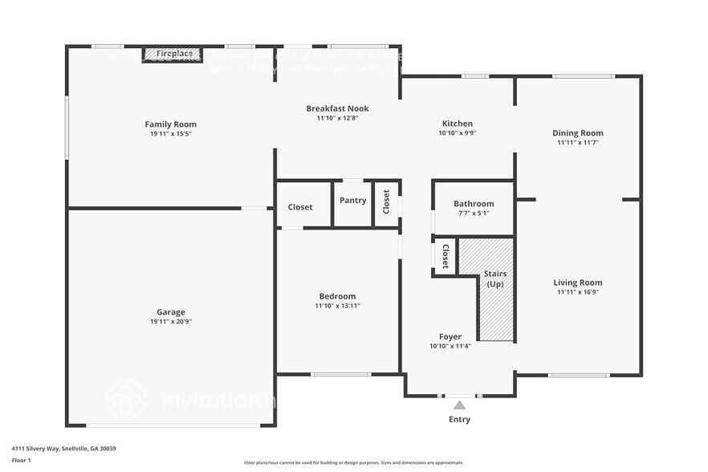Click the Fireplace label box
pyautogui.click(x=171, y=54)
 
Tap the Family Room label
pyautogui.click(x=170, y=124)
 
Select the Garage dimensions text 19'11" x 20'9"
pyautogui.click(x=170, y=321)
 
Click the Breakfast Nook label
pyautogui.click(x=337, y=108)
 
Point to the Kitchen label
pyautogui.click(x=458, y=124)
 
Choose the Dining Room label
pyautogui.click(x=578, y=133)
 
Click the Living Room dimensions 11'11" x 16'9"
pyautogui.click(x=578, y=292)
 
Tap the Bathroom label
pyautogui.click(x=474, y=204)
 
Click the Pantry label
pyautogui.click(x=352, y=201)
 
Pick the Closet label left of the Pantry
pyautogui.click(x=300, y=207)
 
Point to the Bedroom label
pyautogui.click(x=337, y=296)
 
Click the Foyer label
pyautogui.click(x=450, y=336)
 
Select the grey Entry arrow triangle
pyautogui.click(x=459, y=405)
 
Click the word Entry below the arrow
pyautogui.click(x=459, y=419)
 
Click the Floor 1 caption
pyautogui.click(x=21, y=460)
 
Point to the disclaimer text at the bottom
pyautogui.click(x=353, y=462)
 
